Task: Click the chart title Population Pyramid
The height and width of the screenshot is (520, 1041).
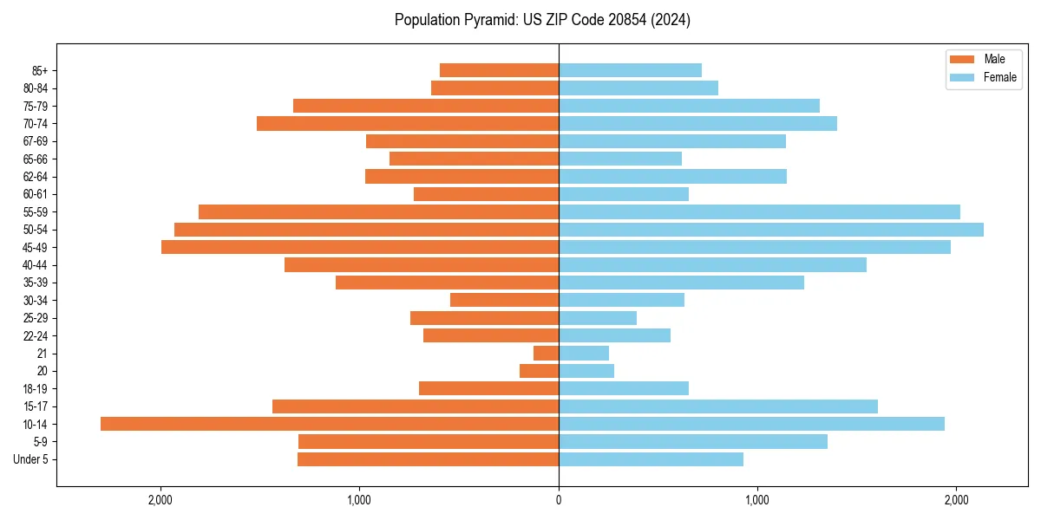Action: pyautogui.click(x=542, y=20)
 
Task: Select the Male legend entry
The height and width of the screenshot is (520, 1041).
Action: pyautogui.click(x=994, y=59)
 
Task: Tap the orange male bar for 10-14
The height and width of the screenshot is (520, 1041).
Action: pyautogui.click(x=330, y=424)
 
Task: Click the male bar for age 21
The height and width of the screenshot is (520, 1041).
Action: pyautogui.click(x=547, y=354)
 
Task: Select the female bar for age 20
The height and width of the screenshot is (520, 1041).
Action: pyautogui.click(x=586, y=371)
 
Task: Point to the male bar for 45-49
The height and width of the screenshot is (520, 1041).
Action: pyautogui.click(x=360, y=247)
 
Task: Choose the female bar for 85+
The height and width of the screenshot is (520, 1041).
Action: pyautogui.click(x=630, y=70)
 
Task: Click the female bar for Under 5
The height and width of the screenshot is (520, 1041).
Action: pyautogui.click(x=651, y=459)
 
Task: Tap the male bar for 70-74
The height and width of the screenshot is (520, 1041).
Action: pyautogui.click(x=408, y=124)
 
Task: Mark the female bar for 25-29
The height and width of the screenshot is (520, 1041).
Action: pyautogui.click(x=598, y=318)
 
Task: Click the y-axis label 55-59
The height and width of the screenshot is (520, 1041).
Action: pyautogui.click(x=36, y=212)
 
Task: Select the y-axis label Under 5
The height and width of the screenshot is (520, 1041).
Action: pyautogui.click(x=30, y=459)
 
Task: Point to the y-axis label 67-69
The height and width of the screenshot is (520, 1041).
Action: pyautogui.click(x=36, y=141)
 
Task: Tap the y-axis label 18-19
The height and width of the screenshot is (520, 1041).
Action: pyautogui.click(x=36, y=389)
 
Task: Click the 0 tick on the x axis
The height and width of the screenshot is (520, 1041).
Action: pyautogui.click(x=559, y=500)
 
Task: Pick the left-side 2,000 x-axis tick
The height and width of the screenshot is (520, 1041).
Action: pyautogui.click(x=160, y=500)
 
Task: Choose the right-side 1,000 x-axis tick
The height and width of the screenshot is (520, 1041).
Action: pyautogui.click(x=757, y=500)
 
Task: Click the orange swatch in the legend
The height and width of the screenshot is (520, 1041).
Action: pyautogui.click(x=962, y=59)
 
